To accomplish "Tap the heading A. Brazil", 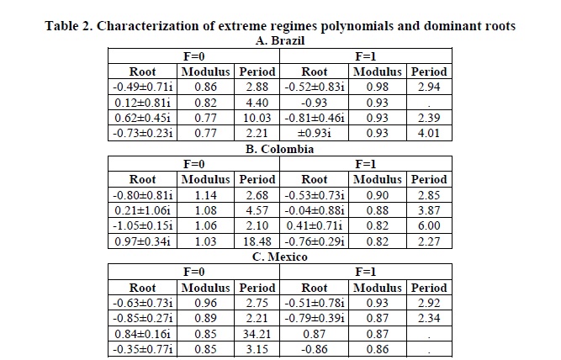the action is click(x=280, y=41).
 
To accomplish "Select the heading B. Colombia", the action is click(x=280, y=149).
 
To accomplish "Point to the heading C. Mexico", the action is click(x=280, y=257).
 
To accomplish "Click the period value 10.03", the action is click(x=257, y=118).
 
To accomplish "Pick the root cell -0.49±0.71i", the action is click(x=142, y=87).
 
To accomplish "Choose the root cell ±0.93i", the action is click(x=314, y=133).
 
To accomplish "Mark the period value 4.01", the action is click(x=429, y=133).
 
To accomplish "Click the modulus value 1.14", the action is click(x=205, y=195).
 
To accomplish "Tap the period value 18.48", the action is click(x=257, y=241).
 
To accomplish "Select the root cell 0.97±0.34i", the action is click(x=142, y=241).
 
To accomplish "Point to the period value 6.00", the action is click(x=429, y=225).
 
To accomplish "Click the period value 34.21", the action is click(x=257, y=334).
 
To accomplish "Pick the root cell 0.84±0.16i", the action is click(x=142, y=334).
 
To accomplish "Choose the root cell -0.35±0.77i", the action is click(x=142, y=349).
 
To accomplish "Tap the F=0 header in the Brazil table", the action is click(x=194, y=56).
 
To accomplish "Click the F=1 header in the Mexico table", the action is click(x=365, y=272).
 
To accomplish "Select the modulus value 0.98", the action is click(x=377, y=87).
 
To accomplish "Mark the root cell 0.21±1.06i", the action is click(x=142, y=210).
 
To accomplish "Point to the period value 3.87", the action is click(x=429, y=210).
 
